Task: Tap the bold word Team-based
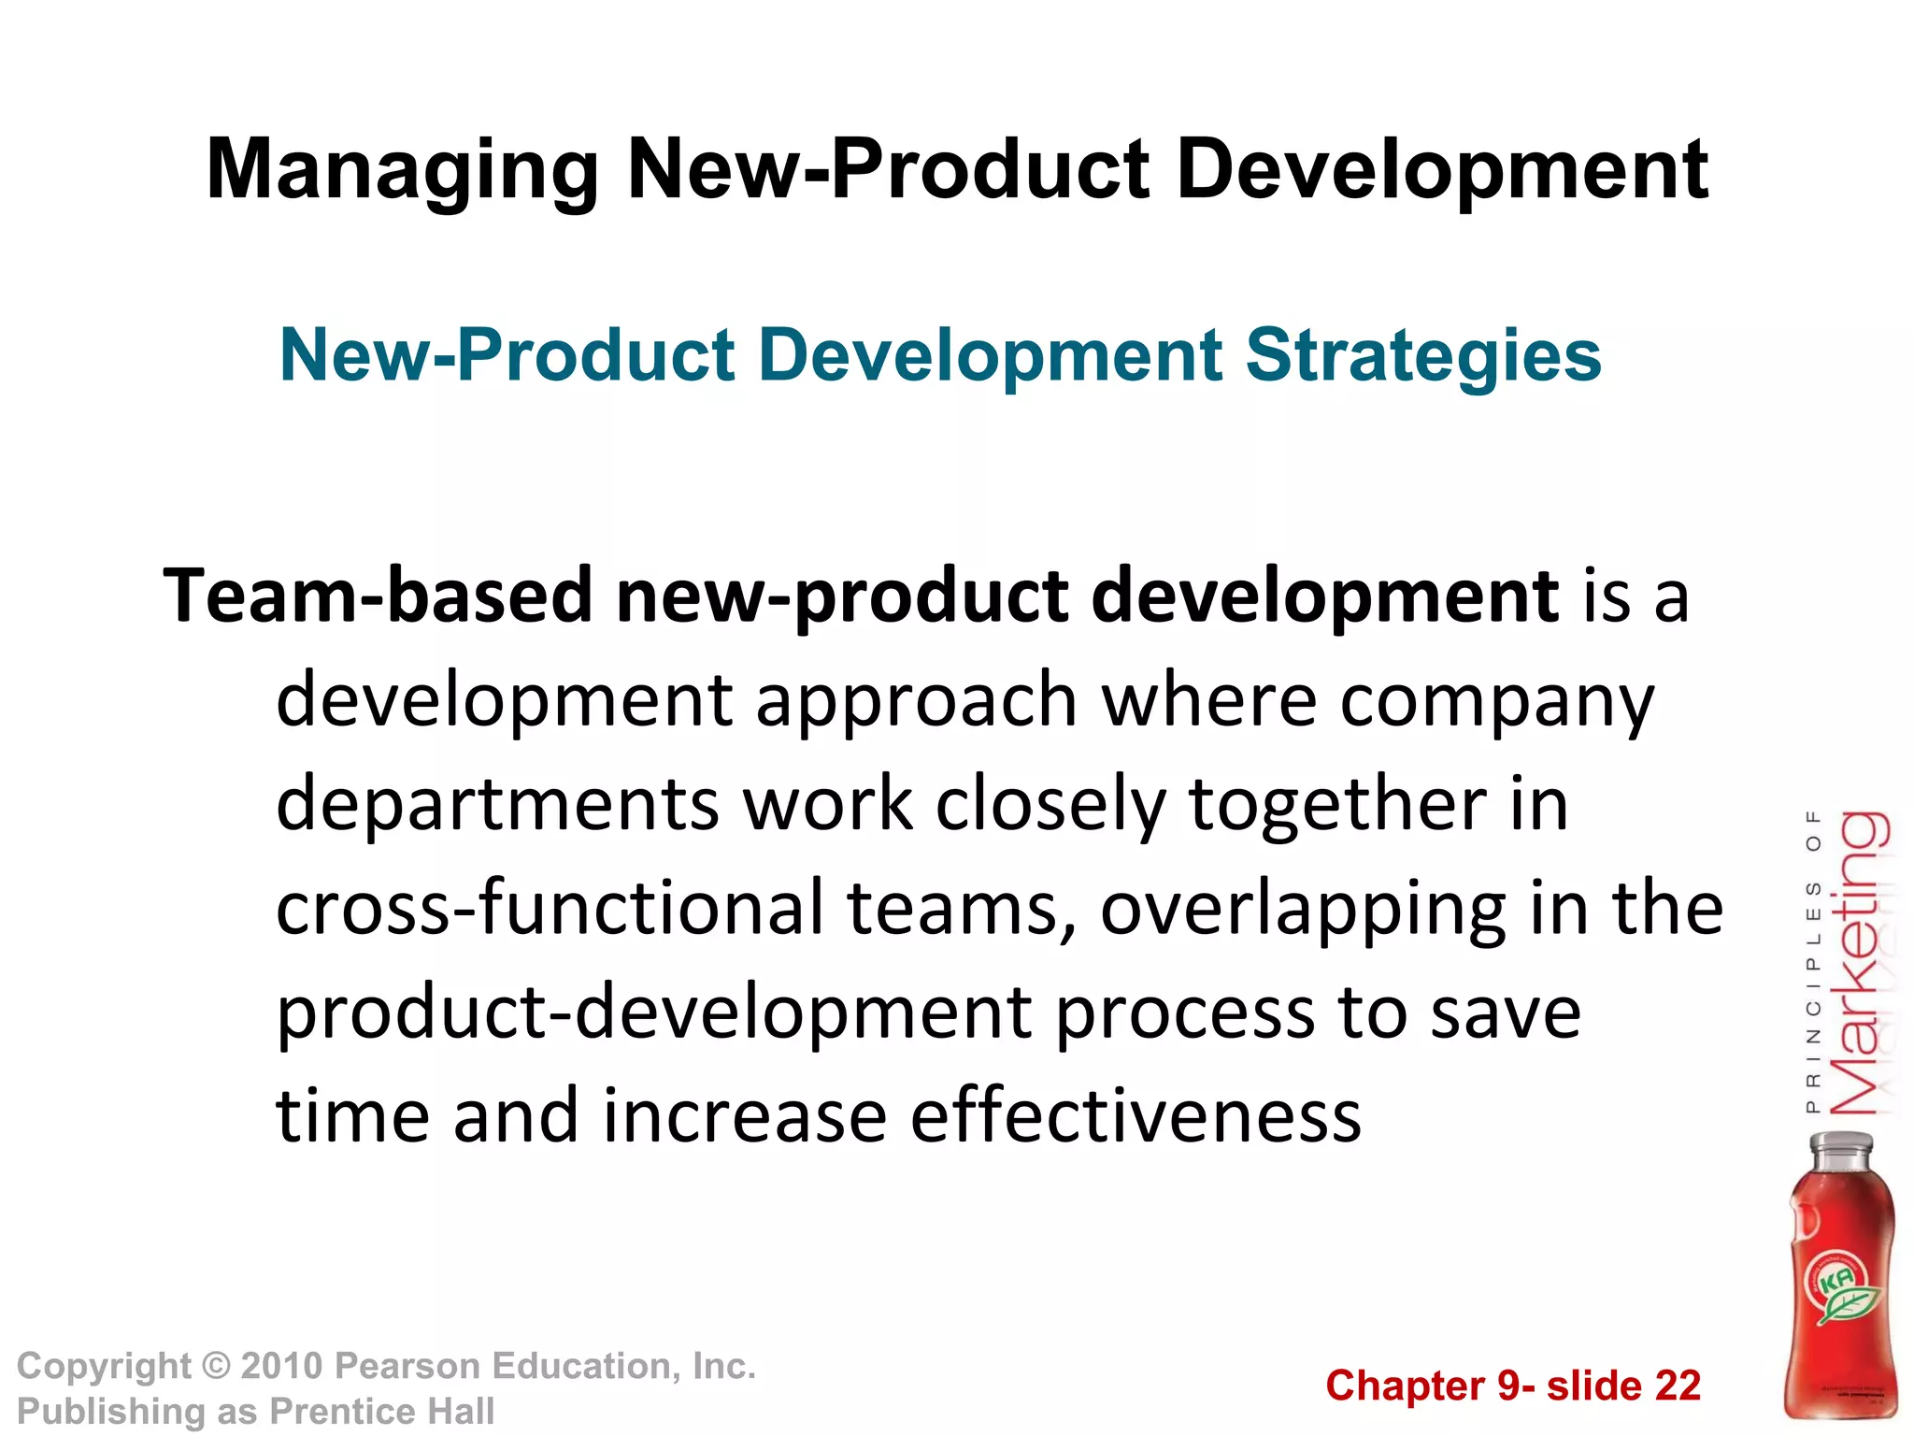click(378, 596)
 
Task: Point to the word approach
click(916, 701)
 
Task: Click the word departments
click(497, 804)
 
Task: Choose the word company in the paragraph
click(1497, 701)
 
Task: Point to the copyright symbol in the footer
click(216, 1367)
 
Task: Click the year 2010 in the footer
click(281, 1367)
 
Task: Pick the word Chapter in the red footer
click(1405, 1386)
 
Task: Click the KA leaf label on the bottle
click(1839, 1290)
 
